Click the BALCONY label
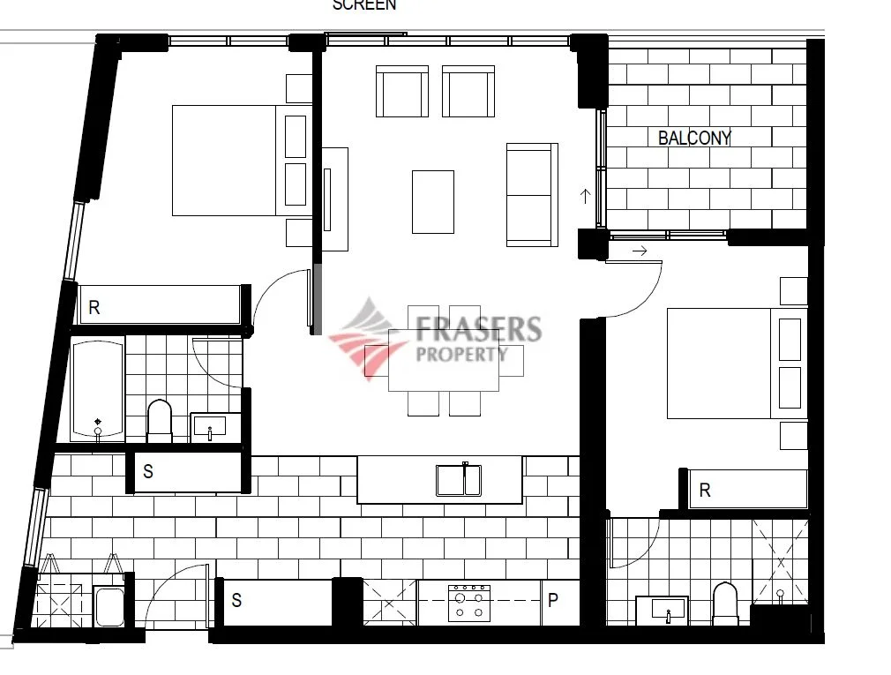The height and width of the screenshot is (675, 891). click(x=694, y=138)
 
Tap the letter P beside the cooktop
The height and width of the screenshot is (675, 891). click(x=553, y=601)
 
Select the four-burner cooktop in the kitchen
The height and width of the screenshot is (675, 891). click(x=468, y=603)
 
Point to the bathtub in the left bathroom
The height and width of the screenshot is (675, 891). click(x=97, y=390)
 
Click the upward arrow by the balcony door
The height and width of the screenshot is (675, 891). click(x=585, y=195)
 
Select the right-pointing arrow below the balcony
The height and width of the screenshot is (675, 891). click(x=640, y=251)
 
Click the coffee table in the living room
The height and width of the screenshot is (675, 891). click(x=433, y=202)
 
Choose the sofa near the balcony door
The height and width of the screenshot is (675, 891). click(x=531, y=194)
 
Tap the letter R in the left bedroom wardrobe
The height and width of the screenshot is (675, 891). click(x=94, y=308)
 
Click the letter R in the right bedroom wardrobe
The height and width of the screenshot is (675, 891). click(x=705, y=491)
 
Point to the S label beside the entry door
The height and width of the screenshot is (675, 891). click(x=236, y=601)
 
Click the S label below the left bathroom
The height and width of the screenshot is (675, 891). click(x=148, y=472)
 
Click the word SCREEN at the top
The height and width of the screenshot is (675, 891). click(x=363, y=5)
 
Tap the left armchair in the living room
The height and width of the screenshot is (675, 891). click(x=401, y=91)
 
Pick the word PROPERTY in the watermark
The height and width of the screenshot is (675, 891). click(x=461, y=354)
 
